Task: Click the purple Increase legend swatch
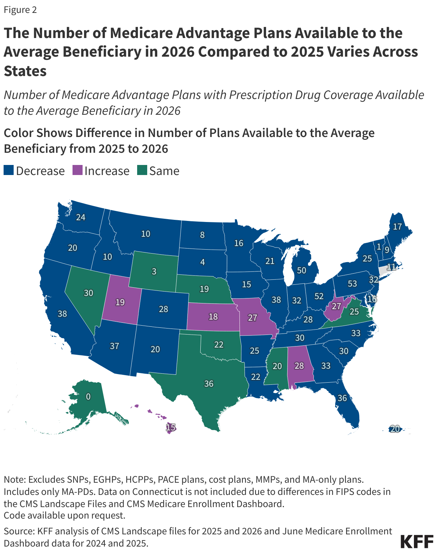[x=78, y=170]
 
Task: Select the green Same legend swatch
[x=142, y=170]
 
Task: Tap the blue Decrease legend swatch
[x=9, y=170]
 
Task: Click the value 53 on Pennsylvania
[x=352, y=284]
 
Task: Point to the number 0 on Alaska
[x=88, y=396]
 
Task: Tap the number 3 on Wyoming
[x=154, y=271]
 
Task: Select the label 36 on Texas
[x=209, y=384]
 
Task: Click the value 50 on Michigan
[x=302, y=270]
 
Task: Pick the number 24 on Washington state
[x=81, y=217]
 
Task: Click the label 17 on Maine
[x=397, y=227]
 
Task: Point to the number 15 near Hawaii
[x=171, y=427]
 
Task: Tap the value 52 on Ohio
[x=319, y=296]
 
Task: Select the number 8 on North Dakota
[x=202, y=235]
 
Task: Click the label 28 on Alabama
[x=299, y=366]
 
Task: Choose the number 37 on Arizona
[x=115, y=346]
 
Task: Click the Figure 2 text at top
[x=20, y=10]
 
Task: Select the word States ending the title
[x=25, y=71]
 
